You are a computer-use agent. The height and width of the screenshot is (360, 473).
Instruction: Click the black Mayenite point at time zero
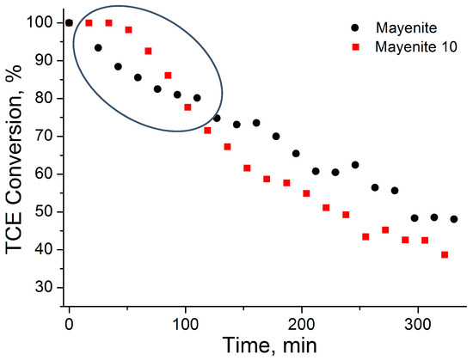[69, 22]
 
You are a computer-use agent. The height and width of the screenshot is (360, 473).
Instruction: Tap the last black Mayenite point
[453, 219]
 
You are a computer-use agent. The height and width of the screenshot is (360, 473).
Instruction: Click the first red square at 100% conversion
[89, 22]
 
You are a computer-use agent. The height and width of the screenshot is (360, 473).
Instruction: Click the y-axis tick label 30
[45, 287]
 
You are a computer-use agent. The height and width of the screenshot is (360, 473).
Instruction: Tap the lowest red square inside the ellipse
[187, 107]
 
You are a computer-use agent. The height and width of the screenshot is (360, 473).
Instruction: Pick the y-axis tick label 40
[45, 249]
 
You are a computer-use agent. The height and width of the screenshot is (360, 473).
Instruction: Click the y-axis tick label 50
[45, 211]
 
